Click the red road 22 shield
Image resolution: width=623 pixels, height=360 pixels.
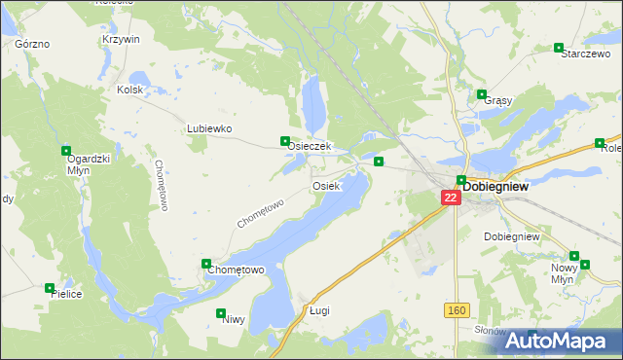[450, 197]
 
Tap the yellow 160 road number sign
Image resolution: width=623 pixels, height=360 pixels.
[458, 310]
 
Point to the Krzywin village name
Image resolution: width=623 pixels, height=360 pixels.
[121, 39]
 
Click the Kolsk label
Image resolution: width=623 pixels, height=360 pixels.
[129, 90]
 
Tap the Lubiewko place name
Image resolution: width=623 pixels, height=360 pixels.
[207, 128]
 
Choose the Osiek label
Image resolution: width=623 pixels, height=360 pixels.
[325, 185]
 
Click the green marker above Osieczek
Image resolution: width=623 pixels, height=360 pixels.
[284, 140]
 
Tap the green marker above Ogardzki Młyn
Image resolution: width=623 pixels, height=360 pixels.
[66, 151]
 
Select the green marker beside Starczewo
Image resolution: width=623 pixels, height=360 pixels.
[559, 47]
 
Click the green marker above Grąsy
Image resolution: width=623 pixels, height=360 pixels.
[482, 94]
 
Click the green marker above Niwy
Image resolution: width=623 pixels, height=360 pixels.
[219, 313]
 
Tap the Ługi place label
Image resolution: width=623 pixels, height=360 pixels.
[320, 310]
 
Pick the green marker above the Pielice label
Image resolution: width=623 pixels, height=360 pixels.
[50, 287]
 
